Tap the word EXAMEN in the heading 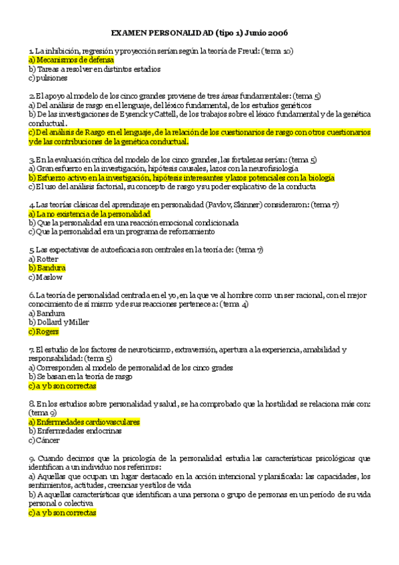[129, 33]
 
